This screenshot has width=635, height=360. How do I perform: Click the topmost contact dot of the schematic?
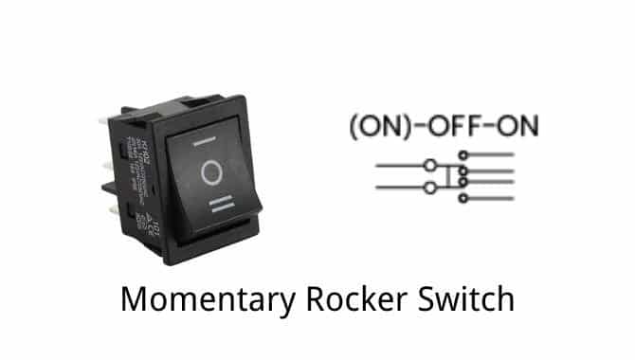pos(463,154)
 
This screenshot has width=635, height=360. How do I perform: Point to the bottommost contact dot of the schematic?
pos(463,199)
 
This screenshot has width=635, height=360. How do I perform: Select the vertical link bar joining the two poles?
pos(446,177)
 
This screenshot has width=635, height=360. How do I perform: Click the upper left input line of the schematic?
pos(398,166)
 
